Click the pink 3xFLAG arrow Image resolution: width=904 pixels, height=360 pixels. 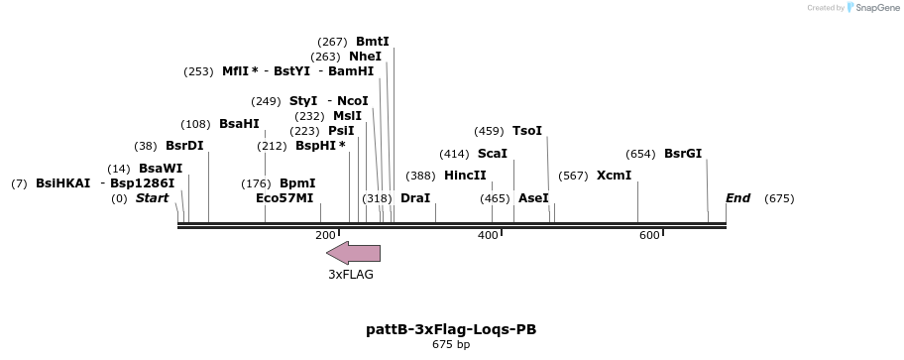(x=353, y=253)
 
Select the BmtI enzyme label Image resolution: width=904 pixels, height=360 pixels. (x=373, y=42)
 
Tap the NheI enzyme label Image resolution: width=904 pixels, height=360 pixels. (x=365, y=57)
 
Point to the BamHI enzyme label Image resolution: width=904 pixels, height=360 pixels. (x=351, y=71)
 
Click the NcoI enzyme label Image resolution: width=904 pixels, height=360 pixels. (x=353, y=101)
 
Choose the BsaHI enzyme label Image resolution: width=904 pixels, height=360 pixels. (x=239, y=124)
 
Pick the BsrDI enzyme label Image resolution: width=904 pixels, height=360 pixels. (x=184, y=146)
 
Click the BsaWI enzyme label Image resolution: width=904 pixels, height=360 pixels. (x=161, y=169)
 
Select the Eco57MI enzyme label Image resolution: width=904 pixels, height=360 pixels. (x=284, y=198)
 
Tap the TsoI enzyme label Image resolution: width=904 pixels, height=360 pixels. (x=527, y=131)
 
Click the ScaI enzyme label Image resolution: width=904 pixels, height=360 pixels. (x=493, y=154)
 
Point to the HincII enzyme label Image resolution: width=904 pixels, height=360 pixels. (x=466, y=176)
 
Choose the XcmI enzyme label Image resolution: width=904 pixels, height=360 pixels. (x=614, y=176)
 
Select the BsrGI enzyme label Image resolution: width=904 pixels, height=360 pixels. (x=683, y=154)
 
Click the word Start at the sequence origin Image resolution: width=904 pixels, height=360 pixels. (x=152, y=198)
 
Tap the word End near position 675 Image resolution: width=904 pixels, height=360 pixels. (x=738, y=198)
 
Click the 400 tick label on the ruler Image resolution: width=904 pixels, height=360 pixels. (x=488, y=235)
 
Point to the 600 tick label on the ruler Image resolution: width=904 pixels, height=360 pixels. (x=649, y=235)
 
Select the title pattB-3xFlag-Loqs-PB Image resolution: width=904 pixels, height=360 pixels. (x=451, y=329)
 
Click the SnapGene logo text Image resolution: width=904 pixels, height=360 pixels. (x=872, y=8)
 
